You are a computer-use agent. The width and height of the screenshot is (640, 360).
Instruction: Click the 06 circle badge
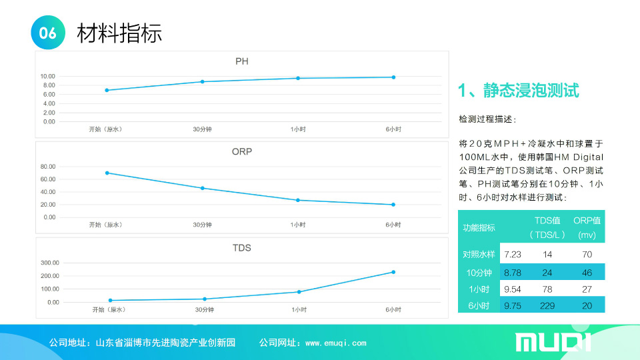click(x=48, y=33)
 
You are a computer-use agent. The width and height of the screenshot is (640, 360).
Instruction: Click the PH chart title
click(x=241, y=61)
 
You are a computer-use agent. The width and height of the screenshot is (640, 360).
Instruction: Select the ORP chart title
click(x=241, y=151)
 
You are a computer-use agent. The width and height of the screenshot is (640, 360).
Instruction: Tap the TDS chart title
click(x=241, y=248)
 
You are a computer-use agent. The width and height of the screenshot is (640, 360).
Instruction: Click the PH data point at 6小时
click(x=393, y=77)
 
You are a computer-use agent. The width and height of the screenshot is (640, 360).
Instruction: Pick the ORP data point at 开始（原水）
click(x=107, y=173)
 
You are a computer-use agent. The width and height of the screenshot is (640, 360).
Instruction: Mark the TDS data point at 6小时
click(x=393, y=272)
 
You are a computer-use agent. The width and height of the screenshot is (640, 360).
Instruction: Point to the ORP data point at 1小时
click(x=298, y=200)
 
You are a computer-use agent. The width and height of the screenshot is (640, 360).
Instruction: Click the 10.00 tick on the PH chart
click(x=47, y=76)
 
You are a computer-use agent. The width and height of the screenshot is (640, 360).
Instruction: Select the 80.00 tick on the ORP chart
click(x=48, y=167)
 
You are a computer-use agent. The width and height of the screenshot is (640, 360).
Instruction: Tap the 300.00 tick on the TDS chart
click(x=50, y=263)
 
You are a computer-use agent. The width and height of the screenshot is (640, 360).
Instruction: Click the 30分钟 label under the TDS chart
click(x=204, y=310)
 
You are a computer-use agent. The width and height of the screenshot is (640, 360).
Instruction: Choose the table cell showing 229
click(x=547, y=306)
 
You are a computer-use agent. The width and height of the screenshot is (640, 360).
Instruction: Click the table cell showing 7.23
click(x=512, y=254)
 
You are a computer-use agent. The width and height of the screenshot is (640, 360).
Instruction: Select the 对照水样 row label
click(x=479, y=254)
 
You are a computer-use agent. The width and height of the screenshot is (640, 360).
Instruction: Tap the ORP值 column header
click(x=587, y=221)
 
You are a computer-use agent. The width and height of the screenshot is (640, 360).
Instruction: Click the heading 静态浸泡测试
click(x=531, y=90)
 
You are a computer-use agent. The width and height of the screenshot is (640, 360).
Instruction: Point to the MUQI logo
click(x=553, y=342)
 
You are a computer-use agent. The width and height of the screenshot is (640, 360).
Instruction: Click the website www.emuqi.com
click(x=335, y=343)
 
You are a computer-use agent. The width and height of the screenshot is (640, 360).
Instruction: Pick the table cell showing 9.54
click(x=512, y=289)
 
